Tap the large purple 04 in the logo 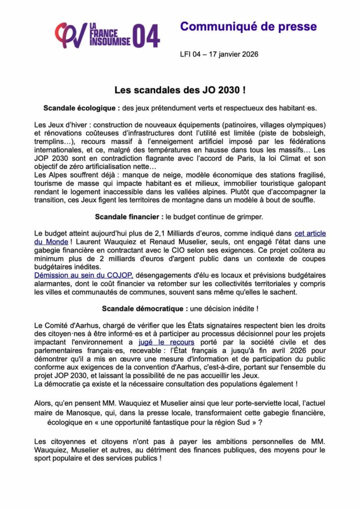coord(146,36)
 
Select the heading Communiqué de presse coord(248,26)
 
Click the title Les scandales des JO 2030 coord(180,91)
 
